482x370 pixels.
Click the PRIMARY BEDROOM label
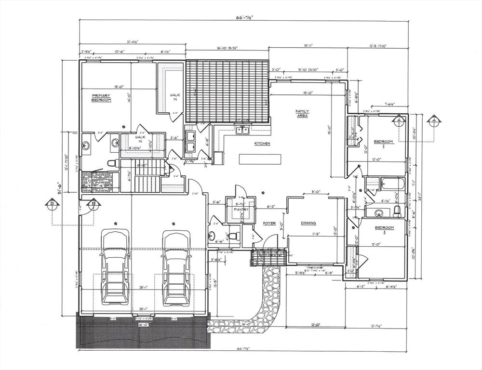pos(101,98)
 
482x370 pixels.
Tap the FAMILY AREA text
pos(302,114)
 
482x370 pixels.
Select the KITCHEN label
pos(262,144)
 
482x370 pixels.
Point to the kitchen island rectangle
pos(259,159)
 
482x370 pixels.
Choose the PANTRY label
pos(241,210)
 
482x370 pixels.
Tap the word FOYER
pos(268,224)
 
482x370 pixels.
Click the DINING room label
pos(308,223)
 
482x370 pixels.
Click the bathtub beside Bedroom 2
pos(391,184)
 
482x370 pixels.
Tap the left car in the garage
pos(114,267)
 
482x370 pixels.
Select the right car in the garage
pos(175,267)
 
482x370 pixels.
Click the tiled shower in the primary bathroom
pos(95,182)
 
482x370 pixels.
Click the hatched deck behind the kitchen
pos(227,92)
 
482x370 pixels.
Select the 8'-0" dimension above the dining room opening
pos(316,192)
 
